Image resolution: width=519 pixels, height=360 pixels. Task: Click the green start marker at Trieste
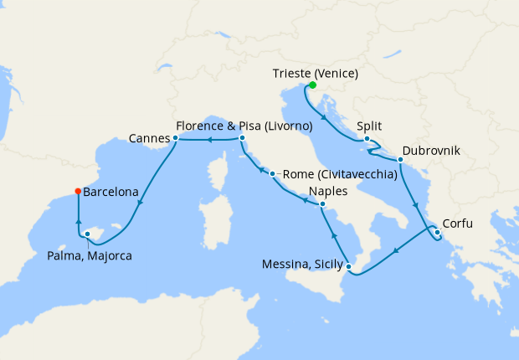coord(312,85)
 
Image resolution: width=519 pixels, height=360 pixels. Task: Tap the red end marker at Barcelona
coord(78,191)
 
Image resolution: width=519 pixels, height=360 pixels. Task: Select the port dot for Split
coord(367,139)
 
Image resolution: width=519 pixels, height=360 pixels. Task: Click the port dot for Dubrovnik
coord(401,159)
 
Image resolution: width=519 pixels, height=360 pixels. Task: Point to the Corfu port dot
coord(437,232)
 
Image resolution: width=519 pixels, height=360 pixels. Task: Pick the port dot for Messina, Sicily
coord(349,268)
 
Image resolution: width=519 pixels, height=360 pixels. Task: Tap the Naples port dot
coord(321,203)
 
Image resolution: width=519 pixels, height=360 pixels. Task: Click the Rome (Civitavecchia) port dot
coord(272,174)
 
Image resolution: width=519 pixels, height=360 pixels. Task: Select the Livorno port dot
coord(242,138)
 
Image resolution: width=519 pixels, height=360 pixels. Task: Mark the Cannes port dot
coord(175,137)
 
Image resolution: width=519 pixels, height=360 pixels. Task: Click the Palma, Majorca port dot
coord(88,234)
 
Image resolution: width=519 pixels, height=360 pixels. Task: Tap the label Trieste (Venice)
coord(317,74)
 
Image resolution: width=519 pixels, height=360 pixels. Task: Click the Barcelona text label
coord(110,192)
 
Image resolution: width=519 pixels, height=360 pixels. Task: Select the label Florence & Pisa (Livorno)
coord(244,126)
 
